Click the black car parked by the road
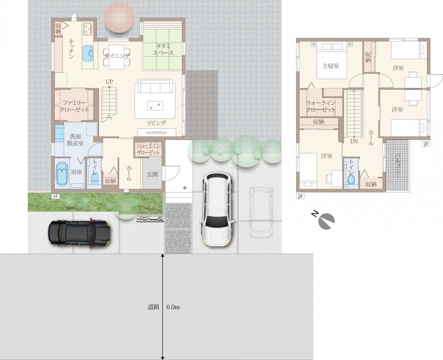tap(79, 233)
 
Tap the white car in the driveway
tap(216, 209)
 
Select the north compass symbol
tap(324, 220)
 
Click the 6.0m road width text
tap(173, 307)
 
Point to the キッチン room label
tap(71, 49)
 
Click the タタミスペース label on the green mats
tap(163, 49)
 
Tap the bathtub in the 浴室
tap(62, 173)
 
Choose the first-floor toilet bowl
tap(94, 179)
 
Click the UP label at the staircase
tap(109, 82)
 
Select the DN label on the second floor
tap(354, 142)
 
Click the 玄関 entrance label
tap(152, 174)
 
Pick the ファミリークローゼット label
tap(74, 106)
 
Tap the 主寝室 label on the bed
tap(331, 66)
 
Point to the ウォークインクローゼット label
tap(321, 106)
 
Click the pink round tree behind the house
tap(119, 17)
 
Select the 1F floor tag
tap(55, 196)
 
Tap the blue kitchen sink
tap(88, 53)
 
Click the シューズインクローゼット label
tap(148, 149)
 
